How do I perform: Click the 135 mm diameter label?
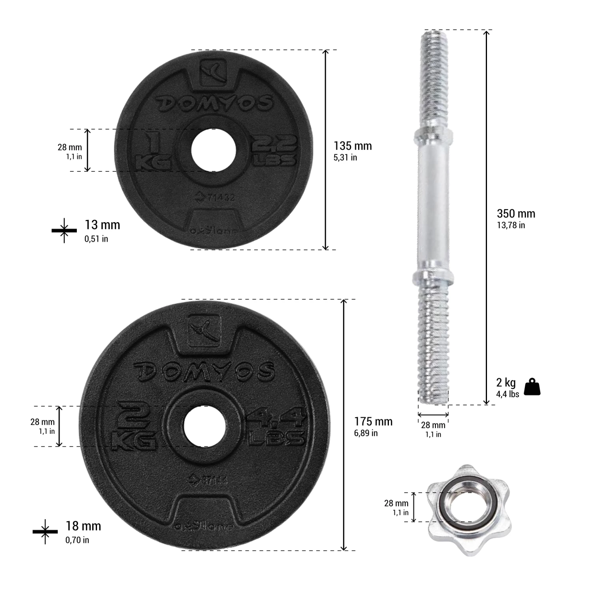[352, 146]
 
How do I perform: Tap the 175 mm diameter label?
[373, 422]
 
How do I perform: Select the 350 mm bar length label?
[515, 214]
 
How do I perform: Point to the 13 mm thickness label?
[102, 225]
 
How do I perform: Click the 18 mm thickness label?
[83, 526]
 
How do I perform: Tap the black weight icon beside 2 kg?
[532, 387]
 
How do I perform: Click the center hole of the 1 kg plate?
[214, 150]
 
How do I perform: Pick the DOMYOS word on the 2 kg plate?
[204, 371]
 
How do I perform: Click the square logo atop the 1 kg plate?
[214, 72]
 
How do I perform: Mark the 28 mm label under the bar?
[433, 425]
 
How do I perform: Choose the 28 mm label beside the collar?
[396, 504]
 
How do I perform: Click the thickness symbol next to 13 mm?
[64, 230]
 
